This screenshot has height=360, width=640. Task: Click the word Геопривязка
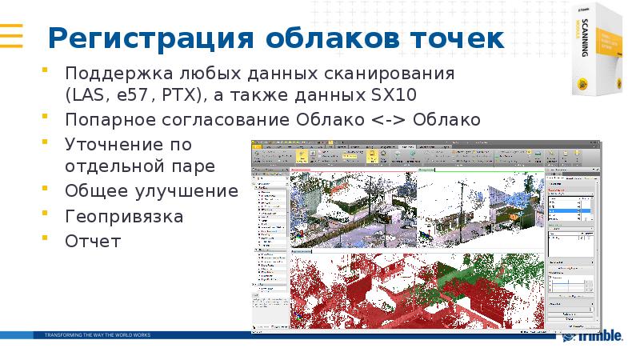click(124, 216)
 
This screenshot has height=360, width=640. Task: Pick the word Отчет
click(93, 240)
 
